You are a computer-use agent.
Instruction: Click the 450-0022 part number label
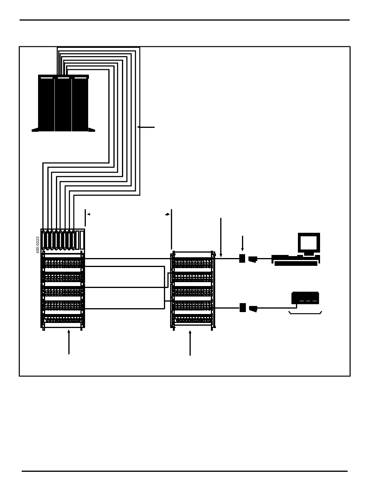(x=38, y=244)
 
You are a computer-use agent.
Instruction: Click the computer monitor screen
(x=308, y=243)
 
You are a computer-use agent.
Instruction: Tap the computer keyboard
(x=296, y=263)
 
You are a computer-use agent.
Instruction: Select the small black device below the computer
(x=305, y=298)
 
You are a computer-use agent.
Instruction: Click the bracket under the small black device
(x=305, y=313)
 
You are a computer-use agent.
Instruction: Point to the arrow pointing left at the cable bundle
(x=146, y=127)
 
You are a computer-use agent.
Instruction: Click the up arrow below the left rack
(x=69, y=342)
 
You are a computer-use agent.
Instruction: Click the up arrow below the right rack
(x=190, y=343)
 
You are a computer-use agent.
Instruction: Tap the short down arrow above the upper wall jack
(x=242, y=243)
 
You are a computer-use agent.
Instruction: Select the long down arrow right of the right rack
(x=221, y=237)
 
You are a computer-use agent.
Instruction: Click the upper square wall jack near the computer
(x=242, y=258)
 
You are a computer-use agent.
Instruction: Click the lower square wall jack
(x=242, y=307)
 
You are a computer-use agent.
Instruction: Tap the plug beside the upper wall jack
(x=253, y=259)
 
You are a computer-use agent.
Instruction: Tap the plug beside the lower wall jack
(x=253, y=309)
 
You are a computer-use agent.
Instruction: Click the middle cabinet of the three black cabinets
(x=63, y=104)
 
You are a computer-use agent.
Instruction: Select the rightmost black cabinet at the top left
(x=80, y=104)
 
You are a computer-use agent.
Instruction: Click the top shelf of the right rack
(x=192, y=263)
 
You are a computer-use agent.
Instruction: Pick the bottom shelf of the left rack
(x=63, y=320)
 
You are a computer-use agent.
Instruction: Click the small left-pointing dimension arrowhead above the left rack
(x=89, y=214)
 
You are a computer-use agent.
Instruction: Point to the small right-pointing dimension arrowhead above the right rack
(x=168, y=214)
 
